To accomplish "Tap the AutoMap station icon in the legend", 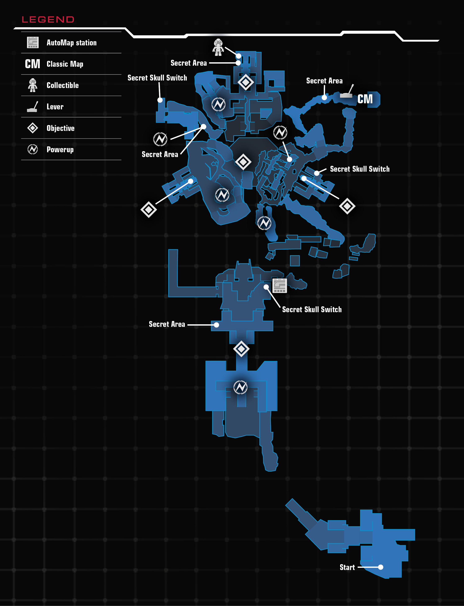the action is pyautogui.click(x=33, y=42).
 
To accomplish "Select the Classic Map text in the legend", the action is pyautogui.click(x=65, y=64).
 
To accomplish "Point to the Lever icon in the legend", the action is pyautogui.click(x=32, y=106).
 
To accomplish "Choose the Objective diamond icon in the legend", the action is pyautogui.click(x=33, y=128).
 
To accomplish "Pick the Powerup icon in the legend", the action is pyautogui.click(x=33, y=149).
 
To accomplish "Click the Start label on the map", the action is pyautogui.click(x=347, y=567).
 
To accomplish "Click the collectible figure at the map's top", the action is pyautogui.click(x=218, y=47).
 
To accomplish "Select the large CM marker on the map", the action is pyautogui.click(x=365, y=99).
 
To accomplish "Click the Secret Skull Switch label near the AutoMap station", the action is pyautogui.click(x=312, y=309).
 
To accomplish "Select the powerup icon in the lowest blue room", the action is pyautogui.click(x=240, y=387).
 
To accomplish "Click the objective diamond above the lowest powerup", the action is pyautogui.click(x=241, y=349).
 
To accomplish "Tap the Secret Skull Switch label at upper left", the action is pyautogui.click(x=157, y=78).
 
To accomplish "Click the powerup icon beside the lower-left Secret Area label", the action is pyautogui.click(x=160, y=139).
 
